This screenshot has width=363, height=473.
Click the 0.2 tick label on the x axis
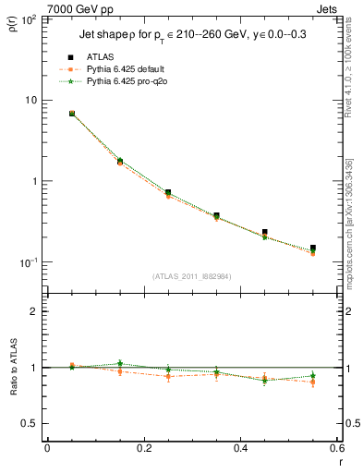pos(143,450)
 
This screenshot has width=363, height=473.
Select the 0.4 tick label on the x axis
pos(240,450)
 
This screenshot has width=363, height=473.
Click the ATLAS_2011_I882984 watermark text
pos(191,276)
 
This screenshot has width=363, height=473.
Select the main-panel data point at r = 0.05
pos(72,114)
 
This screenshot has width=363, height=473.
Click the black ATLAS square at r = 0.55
pos(313,249)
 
